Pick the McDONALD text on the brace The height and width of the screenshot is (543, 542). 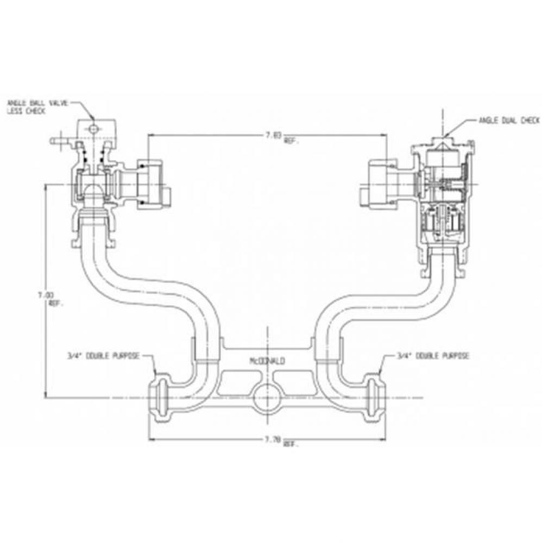coord(267,361)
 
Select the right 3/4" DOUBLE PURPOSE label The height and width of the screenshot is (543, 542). coord(433,356)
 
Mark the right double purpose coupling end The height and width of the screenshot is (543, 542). coord(375,395)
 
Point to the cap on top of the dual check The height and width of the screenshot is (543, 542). coord(444,142)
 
